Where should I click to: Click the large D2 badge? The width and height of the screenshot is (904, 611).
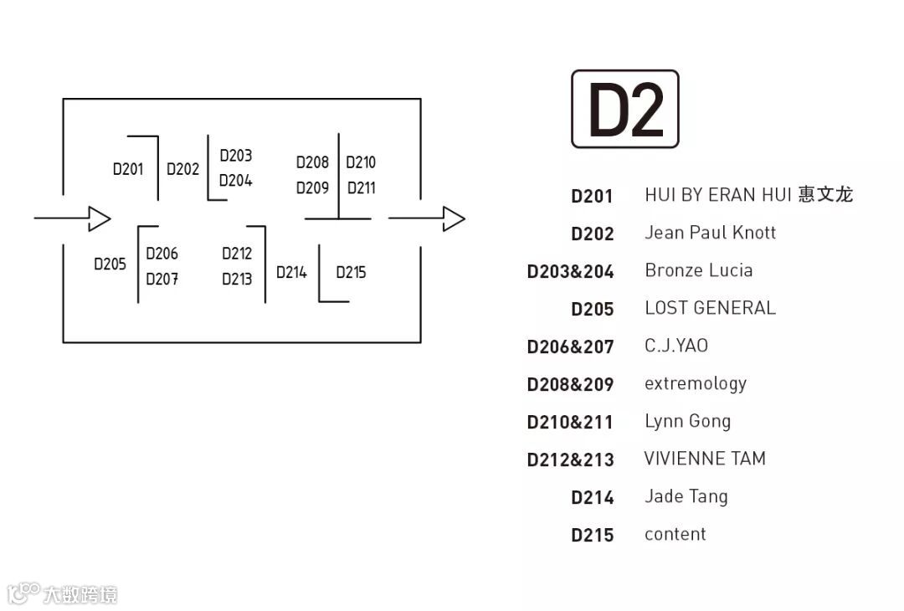pyautogui.click(x=625, y=109)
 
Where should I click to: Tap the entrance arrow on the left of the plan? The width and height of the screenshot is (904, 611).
pyautogui.click(x=73, y=218)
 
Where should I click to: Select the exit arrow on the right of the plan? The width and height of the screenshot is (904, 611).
pyautogui.click(x=427, y=218)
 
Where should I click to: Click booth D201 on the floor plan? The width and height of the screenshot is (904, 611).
pyautogui.click(x=128, y=169)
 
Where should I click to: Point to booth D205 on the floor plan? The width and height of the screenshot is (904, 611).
pyautogui.click(x=110, y=264)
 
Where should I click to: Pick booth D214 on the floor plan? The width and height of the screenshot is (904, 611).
pyautogui.click(x=291, y=272)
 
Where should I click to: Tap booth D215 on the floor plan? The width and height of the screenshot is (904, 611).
pyautogui.click(x=351, y=272)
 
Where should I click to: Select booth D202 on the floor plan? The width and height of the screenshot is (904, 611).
pyautogui.click(x=182, y=169)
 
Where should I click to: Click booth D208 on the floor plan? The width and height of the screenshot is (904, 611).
pyautogui.click(x=312, y=162)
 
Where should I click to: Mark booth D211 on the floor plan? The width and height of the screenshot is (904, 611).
pyautogui.click(x=362, y=188)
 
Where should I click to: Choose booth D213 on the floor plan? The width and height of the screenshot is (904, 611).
pyautogui.click(x=237, y=280)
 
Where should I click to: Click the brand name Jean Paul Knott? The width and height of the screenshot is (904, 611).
pyautogui.click(x=710, y=233)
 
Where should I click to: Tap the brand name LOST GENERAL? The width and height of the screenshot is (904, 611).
pyautogui.click(x=710, y=308)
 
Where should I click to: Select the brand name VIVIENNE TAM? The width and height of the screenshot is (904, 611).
pyautogui.click(x=705, y=459)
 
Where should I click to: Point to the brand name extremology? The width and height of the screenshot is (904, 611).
pyautogui.click(x=695, y=383)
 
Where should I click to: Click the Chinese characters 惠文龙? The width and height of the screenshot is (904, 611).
pyautogui.click(x=825, y=195)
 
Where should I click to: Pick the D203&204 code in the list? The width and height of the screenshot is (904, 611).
pyautogui.click(x=570, y=271)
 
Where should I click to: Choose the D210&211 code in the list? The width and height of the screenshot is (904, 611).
pyautogui.click(x=570, y=422)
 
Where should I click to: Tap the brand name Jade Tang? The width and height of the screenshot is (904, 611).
pyautogui.click(x=686, y=496)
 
